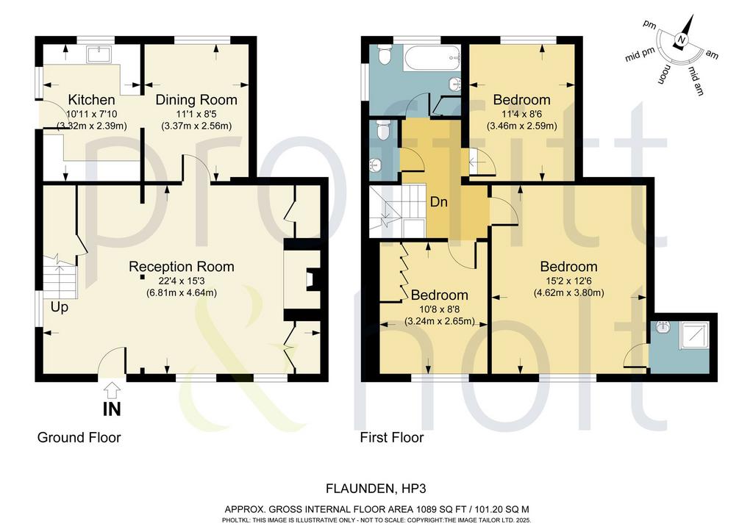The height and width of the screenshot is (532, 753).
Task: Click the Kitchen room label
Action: tap(91, 100)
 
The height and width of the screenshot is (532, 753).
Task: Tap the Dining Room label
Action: tap(196, 100)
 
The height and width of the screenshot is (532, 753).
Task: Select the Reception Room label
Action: tap(182, 267)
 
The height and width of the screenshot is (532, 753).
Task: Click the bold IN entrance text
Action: tap(112, 409)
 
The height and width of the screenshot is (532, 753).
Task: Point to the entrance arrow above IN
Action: tap(112, 389)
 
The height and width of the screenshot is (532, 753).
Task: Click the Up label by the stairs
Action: tap(60, 307)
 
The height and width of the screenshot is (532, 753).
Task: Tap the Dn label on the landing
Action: tap(438, 202)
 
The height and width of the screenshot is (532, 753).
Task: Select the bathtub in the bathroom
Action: tap(431, 57)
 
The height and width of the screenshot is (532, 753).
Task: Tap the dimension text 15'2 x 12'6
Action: tap(569, 281)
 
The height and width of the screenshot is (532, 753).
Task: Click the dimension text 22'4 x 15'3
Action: tap(182, 281)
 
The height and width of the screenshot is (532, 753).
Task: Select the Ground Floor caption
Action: tap(79, 437)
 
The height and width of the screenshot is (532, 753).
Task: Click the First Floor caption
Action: tap(392, 437)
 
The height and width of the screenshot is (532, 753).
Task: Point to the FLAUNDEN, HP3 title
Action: tap(376, 489)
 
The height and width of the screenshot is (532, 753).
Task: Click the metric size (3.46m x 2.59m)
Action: tap(522, 126)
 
